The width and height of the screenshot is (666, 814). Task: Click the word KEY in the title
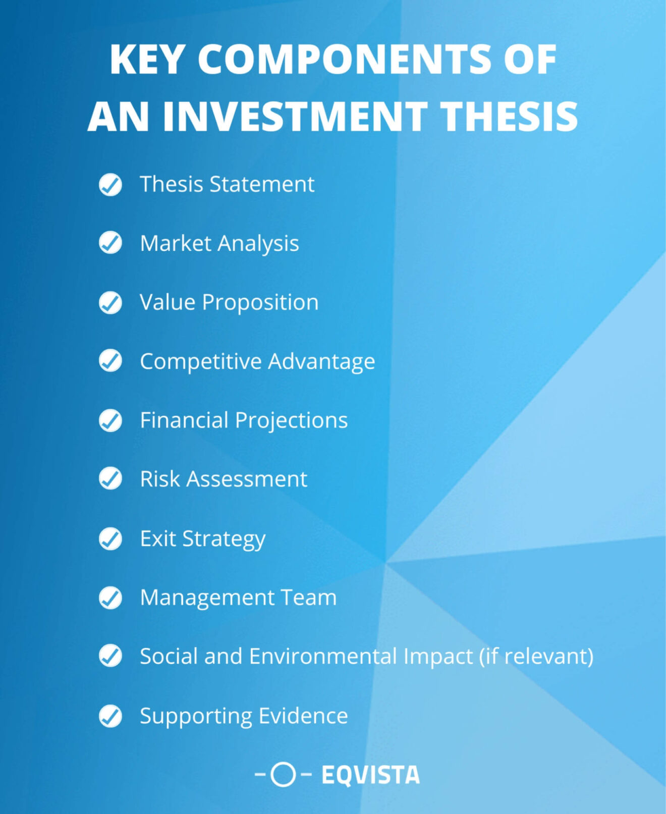tap(146, 60)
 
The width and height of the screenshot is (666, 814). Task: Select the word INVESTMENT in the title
tap(295, 117)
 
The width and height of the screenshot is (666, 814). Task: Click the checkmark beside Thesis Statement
tap(110, 185)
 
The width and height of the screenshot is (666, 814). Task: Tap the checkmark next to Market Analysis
tap(110, 243)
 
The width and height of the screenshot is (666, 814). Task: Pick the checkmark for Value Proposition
tap(110, 303)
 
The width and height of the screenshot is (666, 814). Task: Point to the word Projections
tap(291, 421)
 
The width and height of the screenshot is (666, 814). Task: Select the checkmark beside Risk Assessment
tap(110, 479)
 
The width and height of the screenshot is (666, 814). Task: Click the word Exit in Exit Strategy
tap(157, 538)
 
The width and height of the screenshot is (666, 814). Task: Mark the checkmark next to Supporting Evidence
tap(110, 716)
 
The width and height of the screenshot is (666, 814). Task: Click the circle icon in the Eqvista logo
tap(283, 774)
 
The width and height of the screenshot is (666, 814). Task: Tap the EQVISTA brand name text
tap(370, 775)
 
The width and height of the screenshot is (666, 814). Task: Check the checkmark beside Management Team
tap(110, 598)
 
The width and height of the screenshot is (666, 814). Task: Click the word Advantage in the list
tap(321, 362)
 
